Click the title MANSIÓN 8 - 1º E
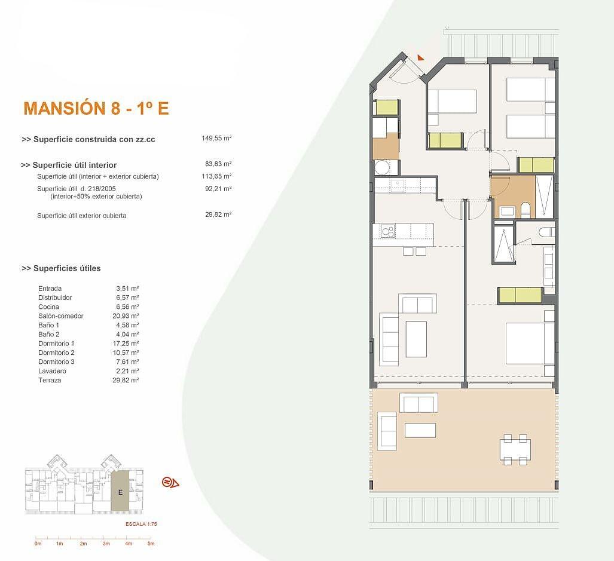coord(96,108)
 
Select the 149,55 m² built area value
coord(216,138)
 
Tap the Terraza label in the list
coord(50,380)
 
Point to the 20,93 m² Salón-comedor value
coord(126,315)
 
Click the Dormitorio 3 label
coord(56,361)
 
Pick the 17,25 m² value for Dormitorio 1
coord(126,343)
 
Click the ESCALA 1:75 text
coord(141,524)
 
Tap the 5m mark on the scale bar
coord(151,544)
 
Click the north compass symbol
coord(170,483)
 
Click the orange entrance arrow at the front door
coord(420,57)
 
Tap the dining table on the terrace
coord(515,449)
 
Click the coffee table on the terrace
coord(420,430)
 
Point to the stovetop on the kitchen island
coord(387,231)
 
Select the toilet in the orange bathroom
coord(526,210)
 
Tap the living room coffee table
coord(416,339)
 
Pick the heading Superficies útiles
coord(62,268)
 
